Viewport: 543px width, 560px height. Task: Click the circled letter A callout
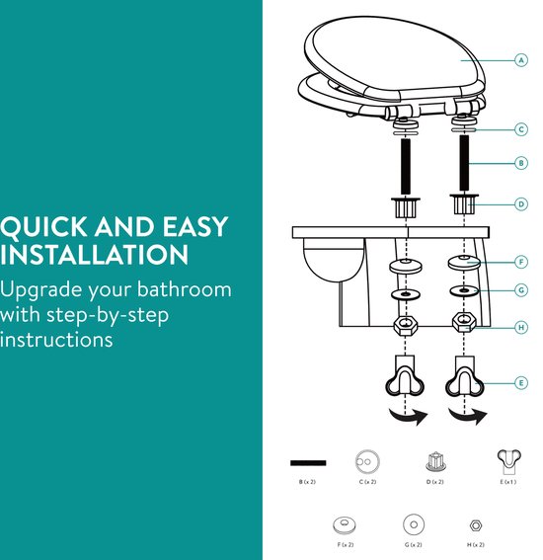point(521,60)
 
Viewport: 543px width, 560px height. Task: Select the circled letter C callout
point(521,129)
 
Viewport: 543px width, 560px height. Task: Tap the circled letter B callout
point(521,163)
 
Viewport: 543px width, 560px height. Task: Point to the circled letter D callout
point(521,204)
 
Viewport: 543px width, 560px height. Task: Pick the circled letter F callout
point(521,262)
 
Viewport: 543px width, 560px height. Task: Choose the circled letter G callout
point(521,290)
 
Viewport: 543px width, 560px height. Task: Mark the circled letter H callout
point(521,327)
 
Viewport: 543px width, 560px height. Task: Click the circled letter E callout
point(521,383)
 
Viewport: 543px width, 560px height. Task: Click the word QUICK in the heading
point(43,227)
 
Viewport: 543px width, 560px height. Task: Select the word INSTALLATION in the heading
point(94,254)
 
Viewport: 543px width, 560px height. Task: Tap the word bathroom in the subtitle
point(185,289)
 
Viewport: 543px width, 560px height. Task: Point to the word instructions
point(56,340)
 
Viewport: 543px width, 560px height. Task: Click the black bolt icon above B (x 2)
point(308,463)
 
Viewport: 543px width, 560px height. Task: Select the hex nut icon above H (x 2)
point(476,525)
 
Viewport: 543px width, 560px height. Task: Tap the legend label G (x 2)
point(414,544)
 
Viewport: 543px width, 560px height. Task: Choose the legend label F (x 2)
point(346,544)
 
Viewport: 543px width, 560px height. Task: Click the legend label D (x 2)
point(434,482)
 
